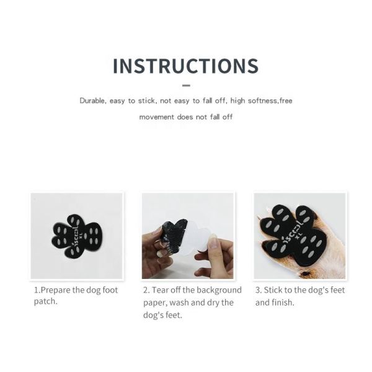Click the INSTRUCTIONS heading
click(185, 66)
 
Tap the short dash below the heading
click(186, 86)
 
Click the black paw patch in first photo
click(77, 236)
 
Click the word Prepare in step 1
click(59, 290)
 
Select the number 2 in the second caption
click(146, 290)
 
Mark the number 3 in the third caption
click(258, 290)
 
